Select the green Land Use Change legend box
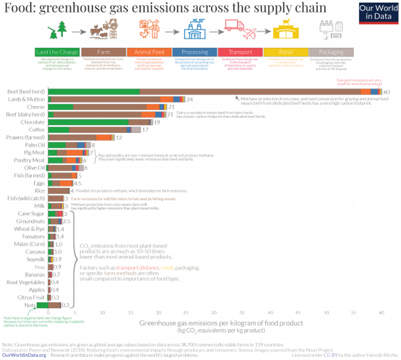click(57, 52)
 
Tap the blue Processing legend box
click(195, 52)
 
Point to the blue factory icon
click(195, 30)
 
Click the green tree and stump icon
click(58, 29)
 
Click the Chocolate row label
click(32, 122)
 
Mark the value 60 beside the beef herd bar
click(386, 92)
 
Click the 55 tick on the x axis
click(354, 314)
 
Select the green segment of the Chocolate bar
click(88, 122)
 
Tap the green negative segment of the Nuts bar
click(42, 305)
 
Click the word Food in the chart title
click(15, 8)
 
